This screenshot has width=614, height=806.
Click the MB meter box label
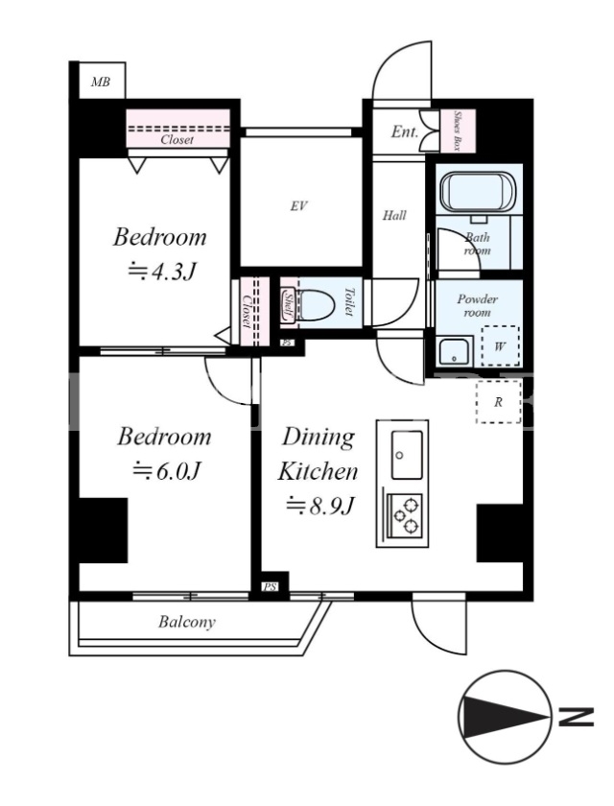point(101,82)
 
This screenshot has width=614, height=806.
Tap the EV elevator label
point(298,206)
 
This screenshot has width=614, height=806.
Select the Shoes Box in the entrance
point(458,130)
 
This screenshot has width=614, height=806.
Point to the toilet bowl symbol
point(315,302)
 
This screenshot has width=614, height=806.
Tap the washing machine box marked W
point(500,346)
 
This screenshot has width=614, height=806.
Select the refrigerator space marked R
point(498,402)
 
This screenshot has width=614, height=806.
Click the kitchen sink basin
point(408,455)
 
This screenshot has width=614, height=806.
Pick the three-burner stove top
point(406,514)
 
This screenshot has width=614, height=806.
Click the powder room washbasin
point(456,351)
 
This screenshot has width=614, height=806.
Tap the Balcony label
point(187,622)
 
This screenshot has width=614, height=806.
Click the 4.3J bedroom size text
point(162,272)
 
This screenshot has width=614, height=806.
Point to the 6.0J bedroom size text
point(167,470)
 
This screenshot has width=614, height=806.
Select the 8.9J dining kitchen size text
point(320,506)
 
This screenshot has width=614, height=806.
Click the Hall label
point(394,215)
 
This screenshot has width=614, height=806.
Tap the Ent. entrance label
point(405,131)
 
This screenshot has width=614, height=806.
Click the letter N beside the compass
point(576,717)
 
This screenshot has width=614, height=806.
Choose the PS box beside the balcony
point(271,586)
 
